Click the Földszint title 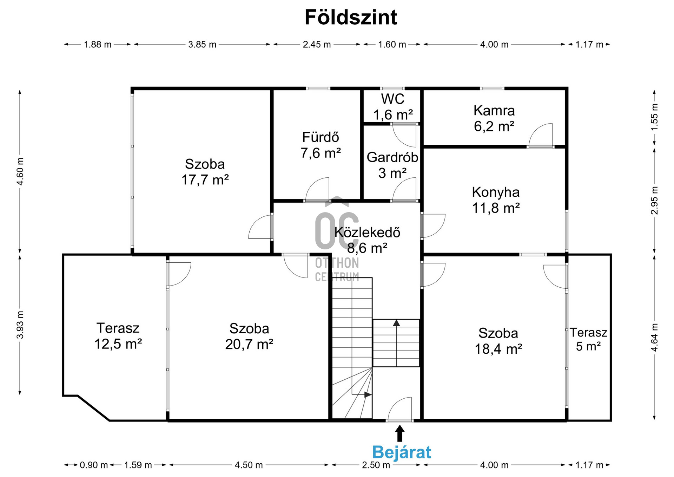point(351,17)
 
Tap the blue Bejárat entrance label point(402,452)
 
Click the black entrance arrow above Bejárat point(399,433)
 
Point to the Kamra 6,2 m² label point(494,118)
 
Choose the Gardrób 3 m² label point(392,165)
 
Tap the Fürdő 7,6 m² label point(321,145)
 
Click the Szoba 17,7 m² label point(205,172)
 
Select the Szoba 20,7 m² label point(249,336)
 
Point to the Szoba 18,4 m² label point(498,341)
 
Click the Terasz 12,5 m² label point(118,336)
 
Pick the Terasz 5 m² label point(588,339)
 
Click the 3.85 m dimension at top point(202,45)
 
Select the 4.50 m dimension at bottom point(249,465)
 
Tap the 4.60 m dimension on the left point(20,171)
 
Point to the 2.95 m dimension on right point(655,201)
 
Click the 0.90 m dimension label point(94,465)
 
